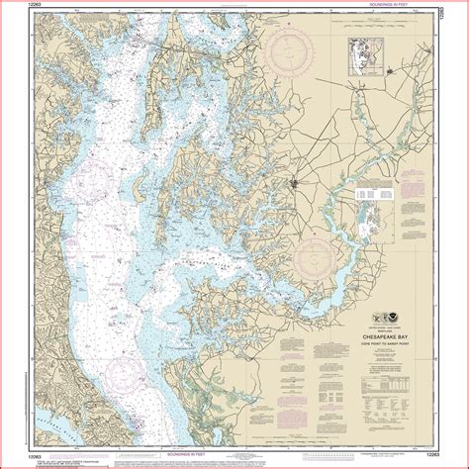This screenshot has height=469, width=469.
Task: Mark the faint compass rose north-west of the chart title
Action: (x=319, y=252)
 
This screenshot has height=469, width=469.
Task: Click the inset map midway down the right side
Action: (x=366, y=213)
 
